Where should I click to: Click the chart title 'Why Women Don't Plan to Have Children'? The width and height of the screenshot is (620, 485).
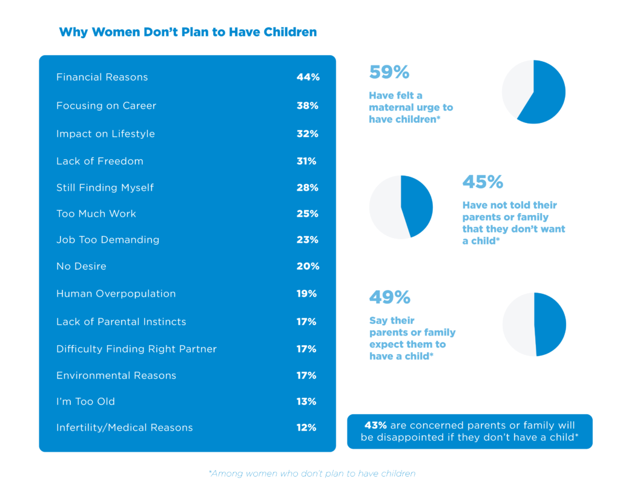[x=188, y=32]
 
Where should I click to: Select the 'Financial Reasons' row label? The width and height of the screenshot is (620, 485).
[x=102, y=78]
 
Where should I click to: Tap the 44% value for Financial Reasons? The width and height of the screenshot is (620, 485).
[x=308, y=78]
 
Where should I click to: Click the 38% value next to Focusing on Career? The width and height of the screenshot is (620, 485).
[x=307, y=106]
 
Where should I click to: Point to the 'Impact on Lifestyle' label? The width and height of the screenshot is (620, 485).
[x=105, y=134]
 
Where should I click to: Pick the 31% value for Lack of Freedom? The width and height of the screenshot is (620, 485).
[x=306, y=161]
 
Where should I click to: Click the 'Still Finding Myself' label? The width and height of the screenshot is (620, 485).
[x=105, y=188]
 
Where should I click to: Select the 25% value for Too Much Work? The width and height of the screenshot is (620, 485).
[x=307, y=214]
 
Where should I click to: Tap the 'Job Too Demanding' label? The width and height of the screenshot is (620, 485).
[x=108, y=240]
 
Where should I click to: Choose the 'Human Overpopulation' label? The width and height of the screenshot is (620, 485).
[x=116, y=294]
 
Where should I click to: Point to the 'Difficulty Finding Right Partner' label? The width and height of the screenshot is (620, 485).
[x=136, y=349]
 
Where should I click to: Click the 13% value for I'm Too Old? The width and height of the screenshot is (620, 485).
[x=306, y=401]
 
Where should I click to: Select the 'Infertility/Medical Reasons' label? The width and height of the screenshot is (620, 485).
[x=124, y=427]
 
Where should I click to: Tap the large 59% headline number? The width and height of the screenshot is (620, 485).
[x=389, y=73]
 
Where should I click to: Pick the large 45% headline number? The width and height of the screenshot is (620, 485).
[x=483, y=182]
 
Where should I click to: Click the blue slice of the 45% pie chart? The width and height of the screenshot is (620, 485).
[x=418, y=206]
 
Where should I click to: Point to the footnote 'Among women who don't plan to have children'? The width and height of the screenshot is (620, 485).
[x=312, y=473]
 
